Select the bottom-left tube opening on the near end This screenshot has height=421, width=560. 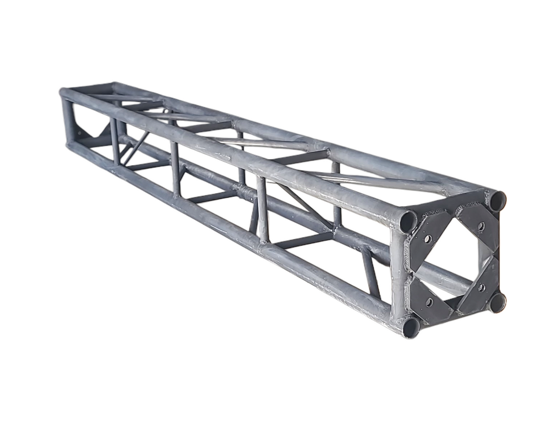click(x=411, y=327)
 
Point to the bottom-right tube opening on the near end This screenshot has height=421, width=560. click(x=497, y=302)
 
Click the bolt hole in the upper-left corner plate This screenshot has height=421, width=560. click(x=428, y=239)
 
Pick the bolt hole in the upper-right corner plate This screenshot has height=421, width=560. click(x=481, y=226)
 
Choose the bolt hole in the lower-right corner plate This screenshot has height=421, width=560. click(x=482, y=287)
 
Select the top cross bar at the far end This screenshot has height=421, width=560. click(x=88, y=88)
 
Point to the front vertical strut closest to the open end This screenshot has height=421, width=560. click(x=262, y=210)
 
